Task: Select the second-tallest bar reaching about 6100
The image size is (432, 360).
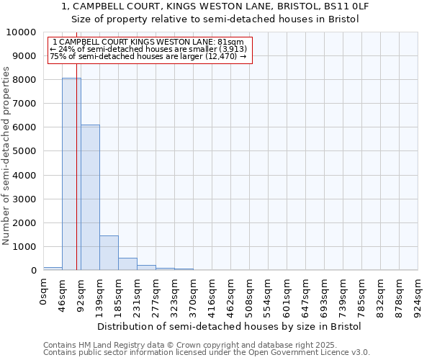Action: tap(90, 198)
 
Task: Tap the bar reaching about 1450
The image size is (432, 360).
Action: tap(109, 253)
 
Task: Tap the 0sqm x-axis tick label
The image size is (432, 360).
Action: tap(43, 292)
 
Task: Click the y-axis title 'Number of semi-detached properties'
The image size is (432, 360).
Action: tap(7, 156)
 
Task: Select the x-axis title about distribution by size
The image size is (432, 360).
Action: tap(229, 326)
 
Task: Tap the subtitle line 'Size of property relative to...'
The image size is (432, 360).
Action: tap(216, 19)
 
